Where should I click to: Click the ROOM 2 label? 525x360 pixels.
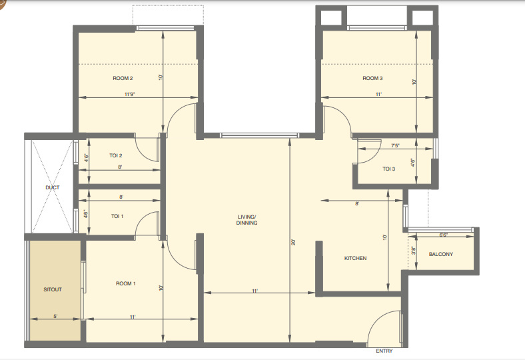click(123, 79)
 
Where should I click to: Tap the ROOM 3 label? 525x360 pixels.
click(372, 79)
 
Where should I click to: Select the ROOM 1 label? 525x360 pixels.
click(126, 283)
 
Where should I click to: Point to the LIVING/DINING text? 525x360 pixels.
click(247, 219)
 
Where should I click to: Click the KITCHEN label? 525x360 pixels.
click(355, 258)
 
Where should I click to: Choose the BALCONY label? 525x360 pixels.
click(441, 254)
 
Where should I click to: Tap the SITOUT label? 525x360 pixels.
click(53, 290)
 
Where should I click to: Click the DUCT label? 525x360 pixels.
click(53, 187)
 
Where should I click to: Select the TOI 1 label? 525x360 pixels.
click(117, 216)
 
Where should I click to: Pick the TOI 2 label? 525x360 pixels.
click(115, 155)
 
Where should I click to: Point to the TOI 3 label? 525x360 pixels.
click(389, 169)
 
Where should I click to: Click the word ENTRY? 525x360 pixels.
click(384, 351)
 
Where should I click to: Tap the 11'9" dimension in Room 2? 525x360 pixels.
click(130, 95)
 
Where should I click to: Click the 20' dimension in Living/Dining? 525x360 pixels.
click(293, 243)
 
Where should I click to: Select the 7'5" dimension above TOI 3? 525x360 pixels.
click(376, 145)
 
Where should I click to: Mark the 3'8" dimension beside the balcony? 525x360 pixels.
click(413, 251)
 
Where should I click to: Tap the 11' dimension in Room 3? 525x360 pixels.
click(379, 95)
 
